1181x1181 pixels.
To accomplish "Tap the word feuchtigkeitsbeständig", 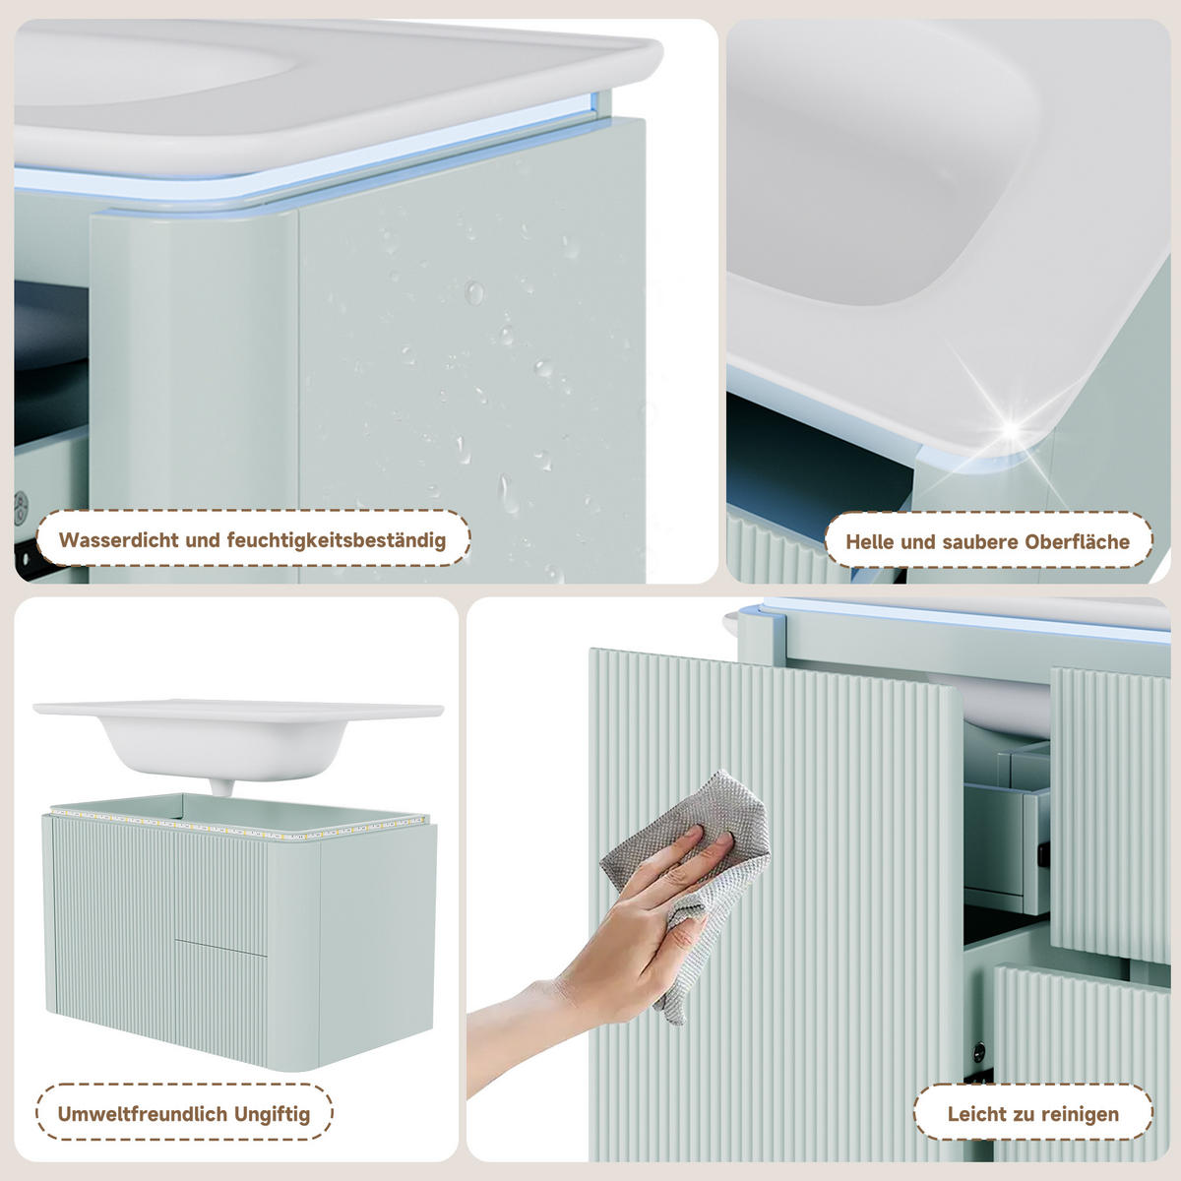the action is click(x=337, y=541).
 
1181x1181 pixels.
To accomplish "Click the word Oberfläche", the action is click(x=1077, y=541).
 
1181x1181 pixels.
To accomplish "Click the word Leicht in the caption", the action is click(x=971, y=1113).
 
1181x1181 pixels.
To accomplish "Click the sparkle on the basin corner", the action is click(x=1013, y=429).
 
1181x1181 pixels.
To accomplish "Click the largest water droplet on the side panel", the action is click(x=473, y=292).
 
